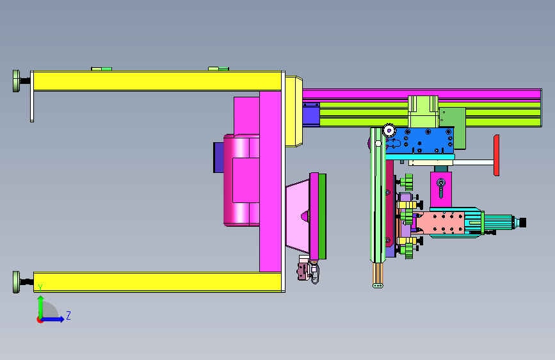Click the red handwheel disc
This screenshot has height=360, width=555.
pos(496,155)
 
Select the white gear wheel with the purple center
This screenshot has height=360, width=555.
pos(389,131)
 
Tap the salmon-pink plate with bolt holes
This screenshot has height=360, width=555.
pos(440,222)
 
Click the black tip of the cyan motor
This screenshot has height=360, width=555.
pos(523,222)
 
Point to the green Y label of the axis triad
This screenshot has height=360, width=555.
pos(40,288)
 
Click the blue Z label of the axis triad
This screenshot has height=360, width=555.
pos(68,315)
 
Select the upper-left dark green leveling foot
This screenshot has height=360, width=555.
pos(16,81)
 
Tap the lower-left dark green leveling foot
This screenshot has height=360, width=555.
pos(16,282)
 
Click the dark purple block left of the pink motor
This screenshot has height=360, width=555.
pos(218,158)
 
